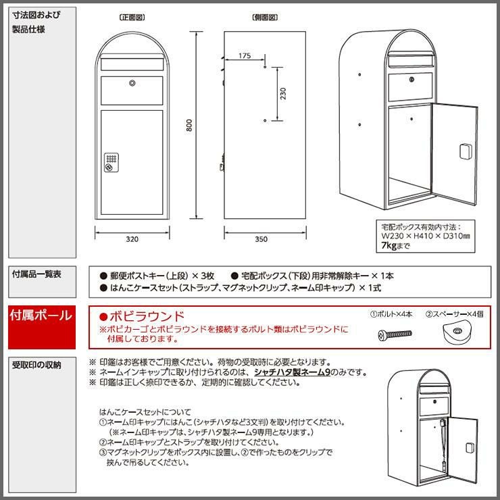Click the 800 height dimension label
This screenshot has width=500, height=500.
[x=189, y=125]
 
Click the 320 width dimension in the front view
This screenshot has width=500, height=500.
[x=132, y=239]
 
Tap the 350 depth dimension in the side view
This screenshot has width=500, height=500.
[x=261, y=239]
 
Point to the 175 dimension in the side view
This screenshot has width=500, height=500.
[x=245, y=55]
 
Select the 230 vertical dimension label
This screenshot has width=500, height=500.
[x=283, y=93]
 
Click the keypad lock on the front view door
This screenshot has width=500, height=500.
[x=111, y=162]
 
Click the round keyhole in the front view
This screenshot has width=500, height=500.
[x=132, y=83]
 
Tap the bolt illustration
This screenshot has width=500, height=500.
[x=395, y=335]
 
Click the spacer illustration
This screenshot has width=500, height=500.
[x=457, y=333]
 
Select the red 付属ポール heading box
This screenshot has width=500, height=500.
[x=42, y=327]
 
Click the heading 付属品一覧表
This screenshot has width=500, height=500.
[x=36, y=274]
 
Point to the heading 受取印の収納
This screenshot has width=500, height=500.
[x=36, y=365]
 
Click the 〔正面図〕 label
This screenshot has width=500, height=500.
[x=132, y=17]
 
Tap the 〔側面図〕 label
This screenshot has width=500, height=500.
[x=265, y=17]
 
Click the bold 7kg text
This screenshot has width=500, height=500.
[x=389, y=245]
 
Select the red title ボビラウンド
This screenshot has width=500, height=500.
[x=142, y=316]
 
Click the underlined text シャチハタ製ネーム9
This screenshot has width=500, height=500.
[x=292, y=372]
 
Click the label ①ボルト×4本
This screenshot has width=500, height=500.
[x=391, y=314]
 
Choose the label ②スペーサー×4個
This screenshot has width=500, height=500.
[x=455, y=314]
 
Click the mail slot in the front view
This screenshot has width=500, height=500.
[x=132, y=64]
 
